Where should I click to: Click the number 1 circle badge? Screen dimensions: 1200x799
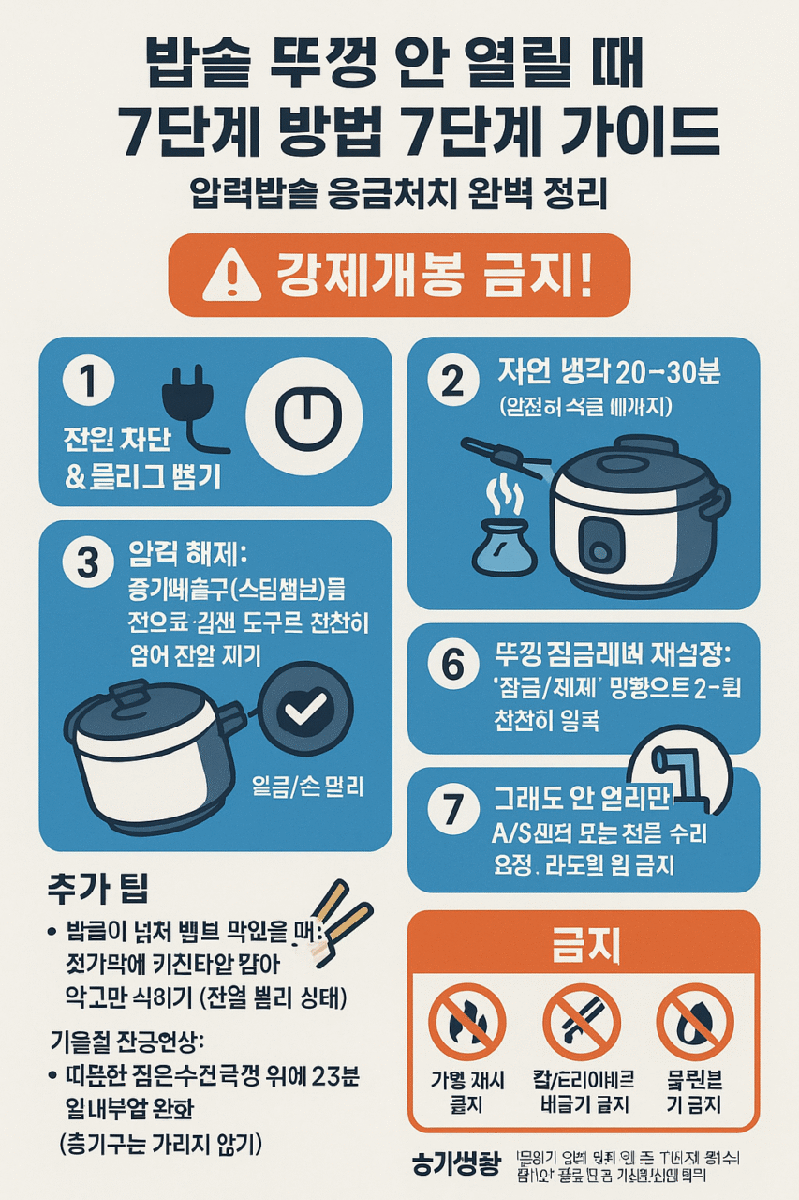88,383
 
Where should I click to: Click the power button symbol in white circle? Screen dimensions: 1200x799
304,412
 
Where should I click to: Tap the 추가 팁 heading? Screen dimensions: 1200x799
98,886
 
